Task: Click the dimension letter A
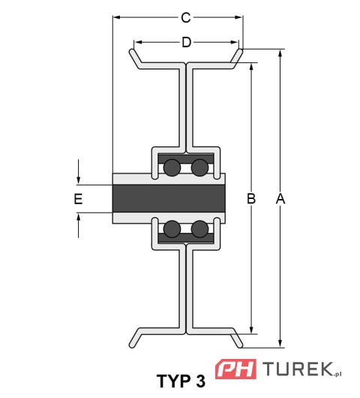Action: point(280,198)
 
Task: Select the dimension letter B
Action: point(252,198)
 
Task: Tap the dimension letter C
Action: point(186,17)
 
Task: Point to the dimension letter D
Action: point(186,42)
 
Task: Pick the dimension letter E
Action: point(78,198)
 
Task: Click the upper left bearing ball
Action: point(172,167)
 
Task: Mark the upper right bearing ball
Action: point(199,167)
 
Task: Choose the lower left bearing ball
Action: point(172,229)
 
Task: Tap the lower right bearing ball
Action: point(199,229)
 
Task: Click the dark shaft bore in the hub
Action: point(169,198)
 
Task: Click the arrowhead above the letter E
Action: point(78,180)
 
